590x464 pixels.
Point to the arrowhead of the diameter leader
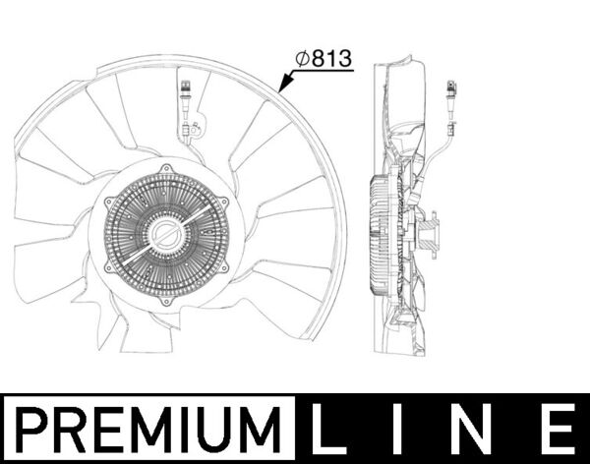pyautogui.click(x=280, y=92)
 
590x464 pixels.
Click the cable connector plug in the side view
pyautogui.click(x=449, y=94)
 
